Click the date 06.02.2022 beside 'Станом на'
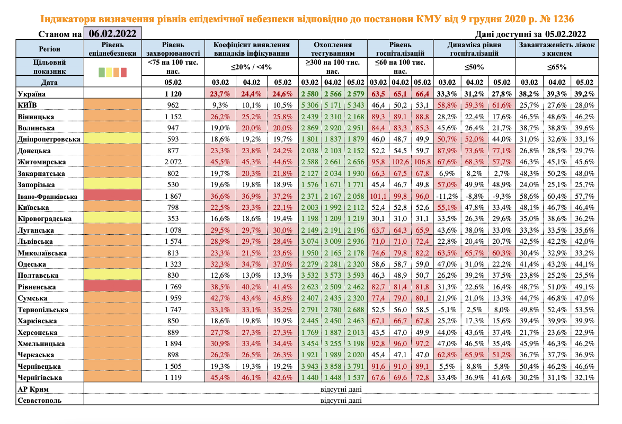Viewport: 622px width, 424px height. pyautogui.click(x=112, y=33)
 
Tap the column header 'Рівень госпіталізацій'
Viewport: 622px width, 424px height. pyautogui.click(x=400, y=49)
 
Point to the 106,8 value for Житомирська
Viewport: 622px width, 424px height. pyautogui.click(x=422, y=162)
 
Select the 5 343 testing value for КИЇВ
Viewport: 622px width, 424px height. pyautogui.click(x=354, y=105)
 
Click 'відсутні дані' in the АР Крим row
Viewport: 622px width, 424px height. pyautogui.click(x=339, y=388)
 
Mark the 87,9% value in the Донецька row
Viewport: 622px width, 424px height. pyautogui.click(x=447, y=151)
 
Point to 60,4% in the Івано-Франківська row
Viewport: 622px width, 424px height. pyautogui.click(x=556, y=196)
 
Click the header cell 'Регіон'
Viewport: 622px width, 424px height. pyautogui.click(x=42, y=49)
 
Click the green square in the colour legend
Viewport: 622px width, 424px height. pyautogui.click(x=102, y=72)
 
